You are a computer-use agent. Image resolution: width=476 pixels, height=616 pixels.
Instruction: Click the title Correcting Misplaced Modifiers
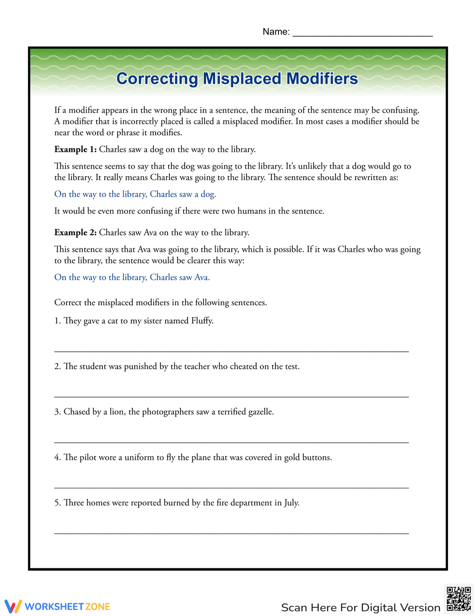(237, 79)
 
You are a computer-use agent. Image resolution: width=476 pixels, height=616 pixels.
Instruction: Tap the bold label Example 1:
(75, 149)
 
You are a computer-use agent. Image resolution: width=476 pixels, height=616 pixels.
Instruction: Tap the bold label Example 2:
(75, 233)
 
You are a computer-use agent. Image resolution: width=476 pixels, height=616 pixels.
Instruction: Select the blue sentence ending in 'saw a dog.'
(135, 194)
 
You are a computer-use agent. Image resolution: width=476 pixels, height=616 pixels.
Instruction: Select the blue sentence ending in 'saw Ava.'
(132, 278)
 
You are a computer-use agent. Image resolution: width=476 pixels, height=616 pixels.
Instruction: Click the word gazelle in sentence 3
(259, 412)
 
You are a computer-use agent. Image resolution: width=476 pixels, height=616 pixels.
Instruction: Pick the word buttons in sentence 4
(316, 457)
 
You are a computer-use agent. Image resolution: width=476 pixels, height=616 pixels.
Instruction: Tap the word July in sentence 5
(291, 503)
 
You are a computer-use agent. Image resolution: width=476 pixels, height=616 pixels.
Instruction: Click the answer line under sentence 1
(231, 351)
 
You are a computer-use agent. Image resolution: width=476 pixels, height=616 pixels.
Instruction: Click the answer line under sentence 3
(231, 442)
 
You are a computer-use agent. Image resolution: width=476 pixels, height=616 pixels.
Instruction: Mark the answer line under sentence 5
(231, 533)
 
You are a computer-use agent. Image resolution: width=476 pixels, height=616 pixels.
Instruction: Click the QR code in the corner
(458, 599)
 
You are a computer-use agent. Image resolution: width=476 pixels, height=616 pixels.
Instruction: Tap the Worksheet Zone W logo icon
(13, 606)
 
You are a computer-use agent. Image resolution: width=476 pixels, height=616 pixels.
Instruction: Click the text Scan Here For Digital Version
(360, 607)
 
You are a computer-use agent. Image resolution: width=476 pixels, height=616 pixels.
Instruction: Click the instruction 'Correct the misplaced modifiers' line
(160, 303)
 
